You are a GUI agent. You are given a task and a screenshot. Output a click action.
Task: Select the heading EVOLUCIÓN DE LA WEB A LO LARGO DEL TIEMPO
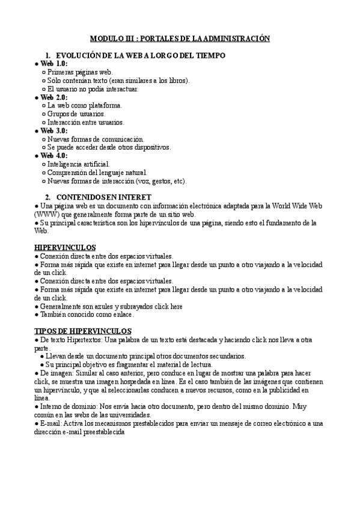point(140,55)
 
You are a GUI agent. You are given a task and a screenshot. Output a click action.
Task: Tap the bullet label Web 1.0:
point(54,64)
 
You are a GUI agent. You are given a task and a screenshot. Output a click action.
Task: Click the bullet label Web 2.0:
point(54,97)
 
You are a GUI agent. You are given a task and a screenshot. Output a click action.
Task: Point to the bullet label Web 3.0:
point(54,131)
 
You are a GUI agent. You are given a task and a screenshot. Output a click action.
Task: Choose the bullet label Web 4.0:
point(54,156)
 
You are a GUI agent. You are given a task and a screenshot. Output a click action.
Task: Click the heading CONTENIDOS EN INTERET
point(103,197)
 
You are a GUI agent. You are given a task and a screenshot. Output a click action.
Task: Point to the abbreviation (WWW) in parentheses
point(46,214)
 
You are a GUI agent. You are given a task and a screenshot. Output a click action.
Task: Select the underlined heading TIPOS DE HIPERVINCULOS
point(83,331)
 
